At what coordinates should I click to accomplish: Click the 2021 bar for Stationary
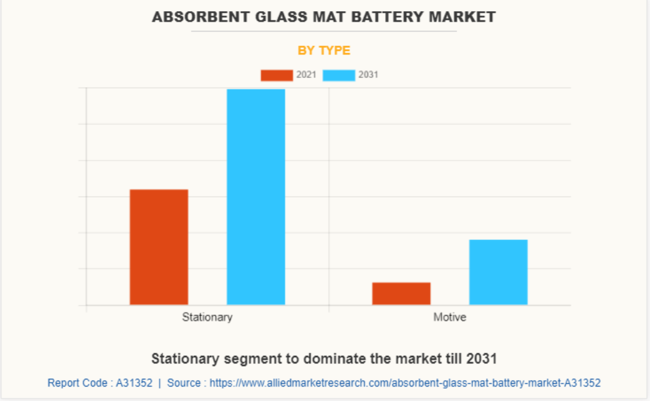tap(159, 247)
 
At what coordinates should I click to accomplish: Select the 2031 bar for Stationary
tap(256, 197)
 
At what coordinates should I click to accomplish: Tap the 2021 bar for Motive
tap(401, 294)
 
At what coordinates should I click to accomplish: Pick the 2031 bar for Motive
tap(498, 272)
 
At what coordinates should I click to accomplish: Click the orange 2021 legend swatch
tap(276, 75)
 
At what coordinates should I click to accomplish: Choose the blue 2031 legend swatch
tap(338, 75)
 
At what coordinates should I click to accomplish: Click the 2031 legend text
tap(368, 75)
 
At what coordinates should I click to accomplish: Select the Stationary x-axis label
tap(207, 317)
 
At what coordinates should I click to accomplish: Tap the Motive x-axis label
tap(450, 317)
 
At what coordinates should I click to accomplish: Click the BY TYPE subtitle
tap(324, 50)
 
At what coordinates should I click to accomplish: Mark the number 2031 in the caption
tap(481, 358)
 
